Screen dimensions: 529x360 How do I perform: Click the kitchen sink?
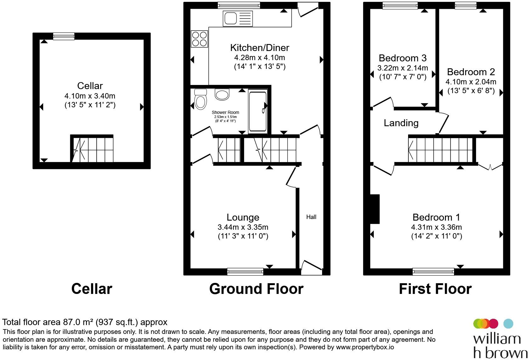(x=237, y=19)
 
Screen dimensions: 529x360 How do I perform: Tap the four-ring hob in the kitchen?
(x=199, y=39)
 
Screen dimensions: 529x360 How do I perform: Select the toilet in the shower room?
(x=201, y=99)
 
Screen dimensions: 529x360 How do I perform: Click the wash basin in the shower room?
(x=222, y=94)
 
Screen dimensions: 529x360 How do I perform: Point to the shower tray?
(x=258, y=111)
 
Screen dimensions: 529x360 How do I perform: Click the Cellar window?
(x=64, y=36)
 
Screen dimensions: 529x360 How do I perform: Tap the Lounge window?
(x=245, y=272)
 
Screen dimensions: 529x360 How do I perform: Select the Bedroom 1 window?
(x=433, y=272)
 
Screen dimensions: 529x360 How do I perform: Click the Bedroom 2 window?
(x=465, y=5)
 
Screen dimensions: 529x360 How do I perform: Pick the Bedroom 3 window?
(x=400, y=5)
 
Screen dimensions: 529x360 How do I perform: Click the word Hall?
(x=311, y=217)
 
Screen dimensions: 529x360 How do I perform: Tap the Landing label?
(x=401, y=123)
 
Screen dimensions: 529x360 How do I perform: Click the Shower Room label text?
(x=225, y=112)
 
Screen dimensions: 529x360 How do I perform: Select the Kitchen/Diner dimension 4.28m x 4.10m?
(x=259, y=57)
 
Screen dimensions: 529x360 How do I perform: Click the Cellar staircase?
(x=92, y=150)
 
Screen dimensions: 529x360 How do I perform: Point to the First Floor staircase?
(x=440, y=150)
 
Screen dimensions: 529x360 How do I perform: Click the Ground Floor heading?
(x=256, y=289)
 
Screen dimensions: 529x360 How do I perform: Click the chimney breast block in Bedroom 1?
(x=375, y=209)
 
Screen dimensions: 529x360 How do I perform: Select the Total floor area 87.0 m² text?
(x=84, y=322)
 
